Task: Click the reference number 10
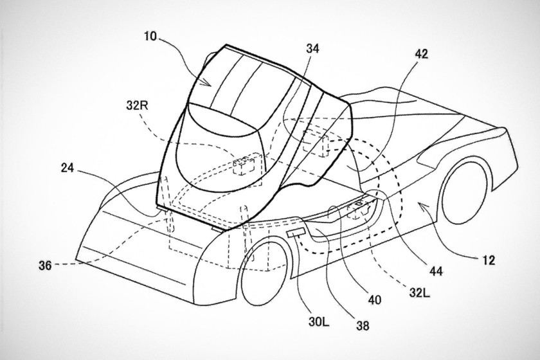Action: pos(150,36)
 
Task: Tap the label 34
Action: pos(312,49)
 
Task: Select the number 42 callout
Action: pos(421,54)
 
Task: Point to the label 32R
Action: pos(137,105)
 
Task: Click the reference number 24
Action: pos(68,168)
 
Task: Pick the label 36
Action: pos(45,265)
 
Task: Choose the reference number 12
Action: pos(489,260)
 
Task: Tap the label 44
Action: pos(436,271)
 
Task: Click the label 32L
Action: pos(419,293)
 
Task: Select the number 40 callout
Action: pos(374,300)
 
